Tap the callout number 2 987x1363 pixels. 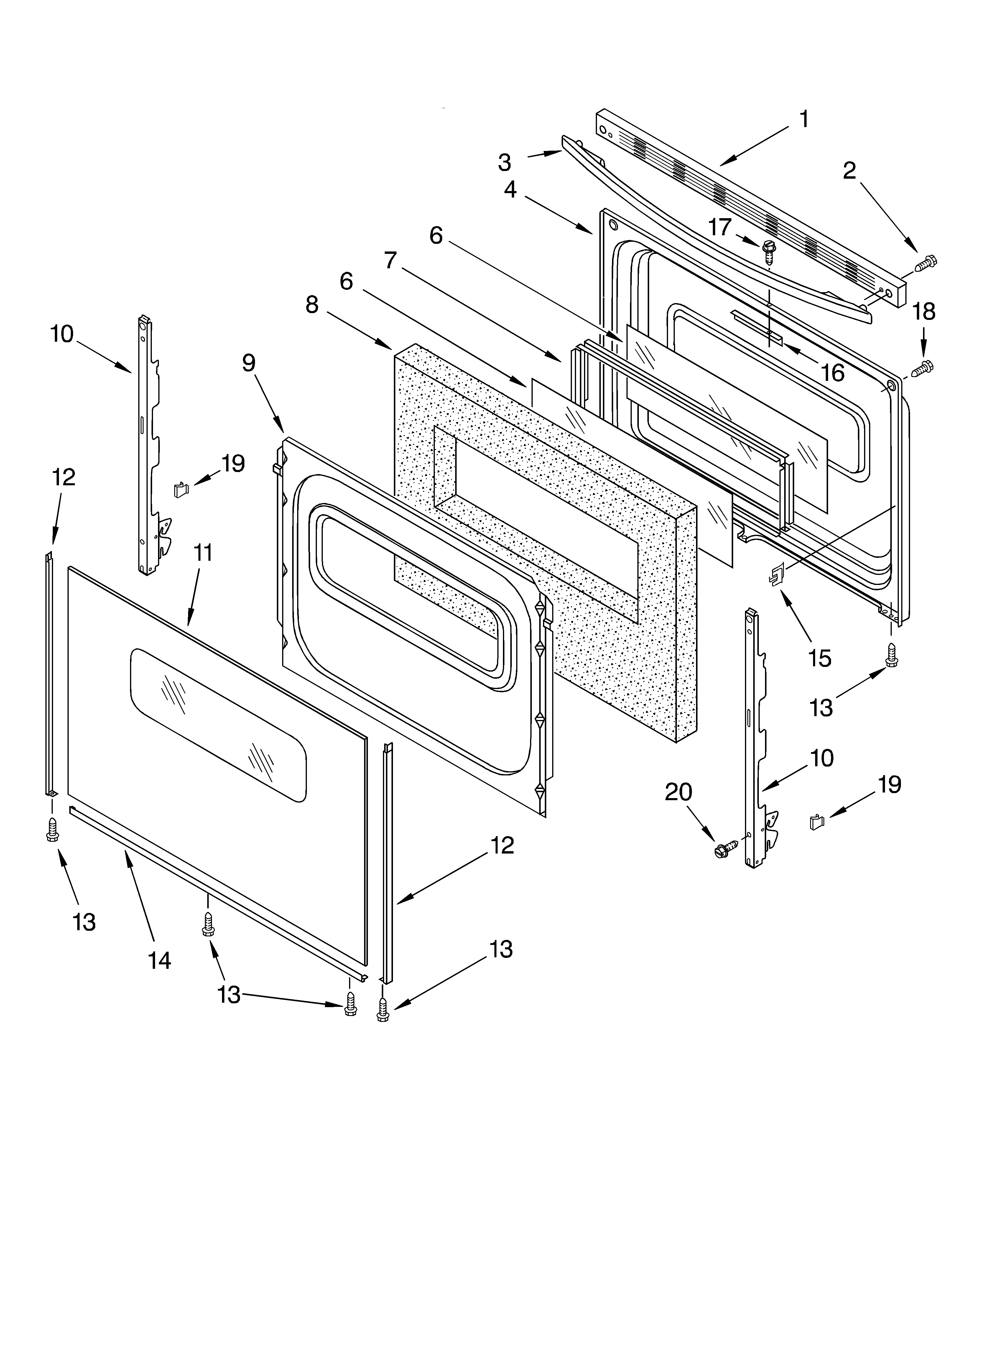coord(849,171)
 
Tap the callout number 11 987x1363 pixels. coord(203,553)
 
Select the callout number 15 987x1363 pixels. coord(820,659)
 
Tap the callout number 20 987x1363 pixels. coord(679,792)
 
